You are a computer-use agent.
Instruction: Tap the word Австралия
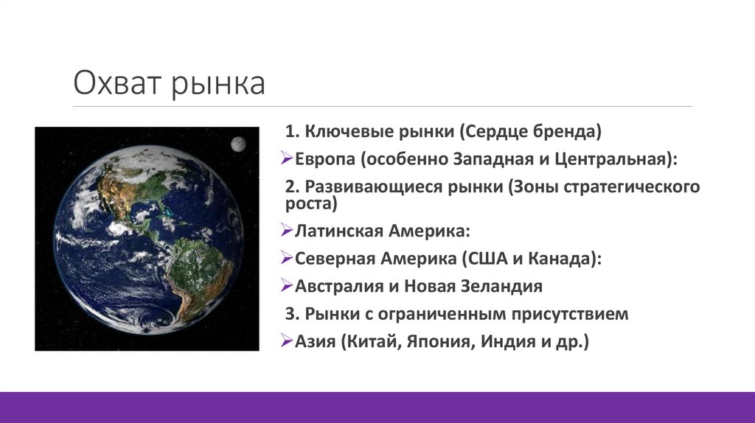click(x=338, y=286)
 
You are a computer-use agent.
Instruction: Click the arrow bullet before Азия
click(x=288, y=341)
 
